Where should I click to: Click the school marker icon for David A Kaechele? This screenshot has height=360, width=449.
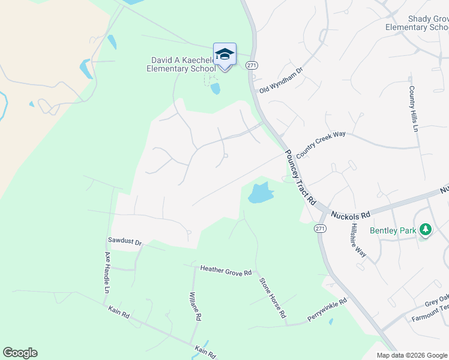224,55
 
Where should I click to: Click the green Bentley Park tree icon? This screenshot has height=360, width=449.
426,229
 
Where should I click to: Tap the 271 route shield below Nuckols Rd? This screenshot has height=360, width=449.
320,229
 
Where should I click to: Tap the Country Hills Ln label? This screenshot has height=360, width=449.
412,109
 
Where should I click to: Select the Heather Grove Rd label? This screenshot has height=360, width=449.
226,271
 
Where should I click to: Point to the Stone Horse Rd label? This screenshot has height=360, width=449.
273,298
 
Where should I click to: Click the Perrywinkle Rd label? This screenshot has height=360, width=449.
327,308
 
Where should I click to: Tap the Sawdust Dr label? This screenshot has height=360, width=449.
124,242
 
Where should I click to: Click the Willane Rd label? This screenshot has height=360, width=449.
194,307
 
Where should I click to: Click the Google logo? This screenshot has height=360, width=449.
20,352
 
